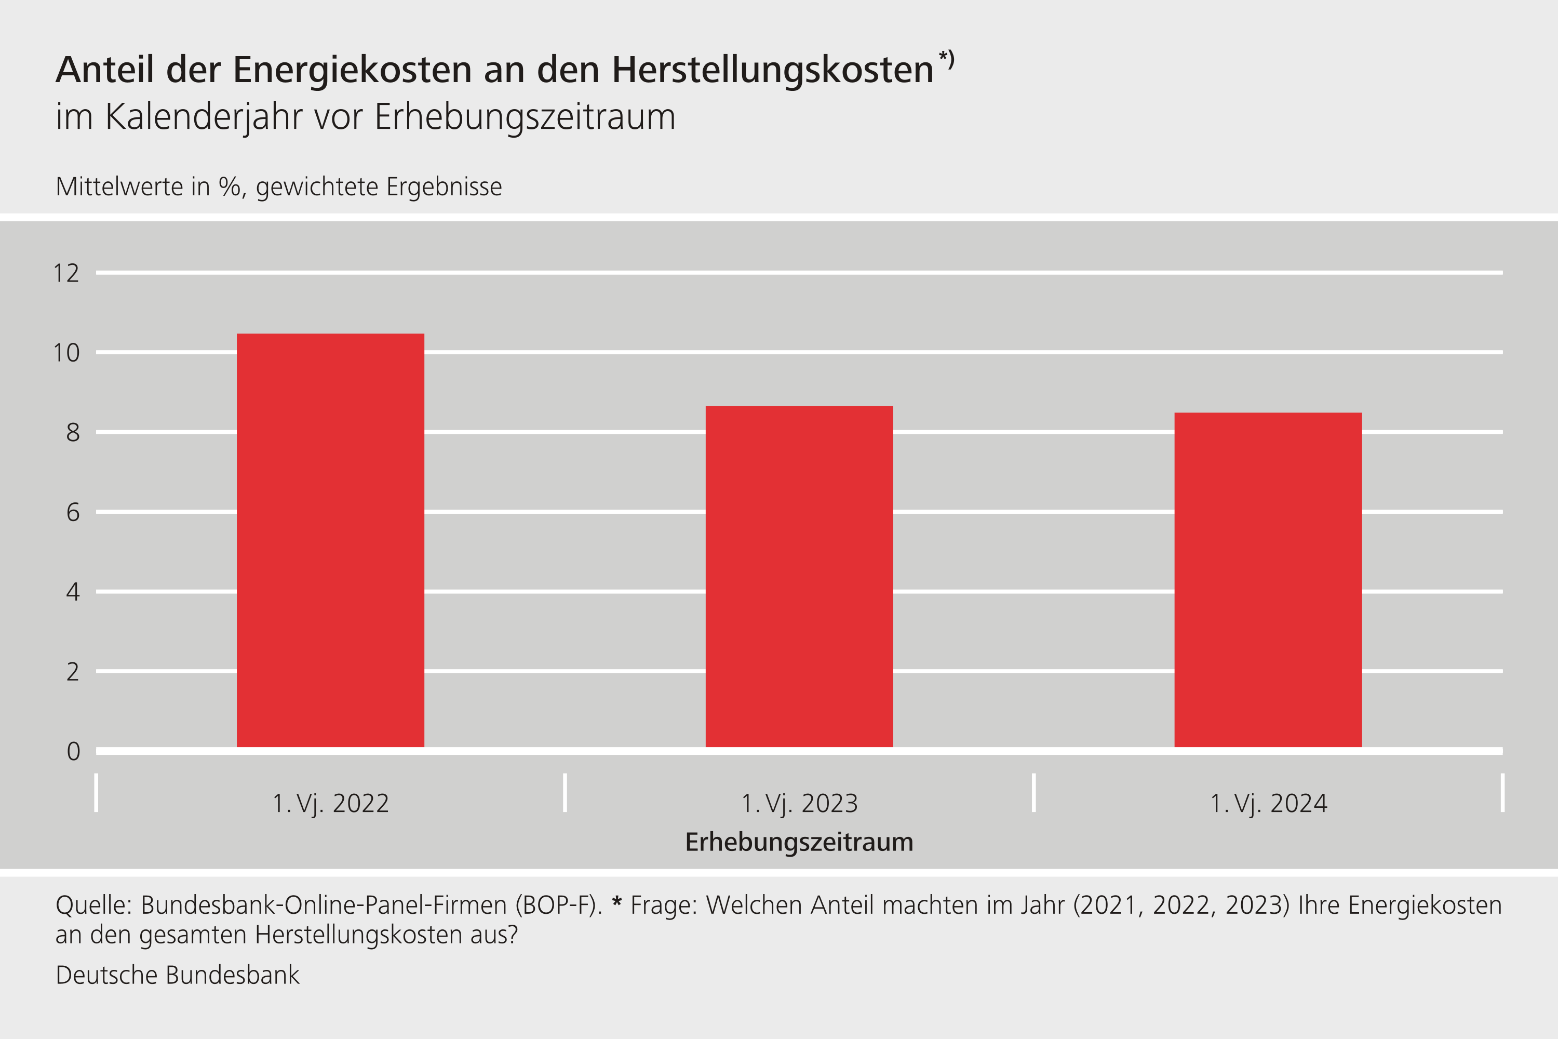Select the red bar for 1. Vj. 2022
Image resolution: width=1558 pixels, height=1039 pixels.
pos(330,540)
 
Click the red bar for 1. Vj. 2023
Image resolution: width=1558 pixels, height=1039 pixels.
pos(799,577)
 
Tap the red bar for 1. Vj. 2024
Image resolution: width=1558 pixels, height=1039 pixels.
pos(1268,580)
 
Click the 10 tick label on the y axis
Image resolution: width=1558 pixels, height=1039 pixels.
pos(66,353)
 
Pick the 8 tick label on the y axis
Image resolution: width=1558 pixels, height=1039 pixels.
pos(72,433)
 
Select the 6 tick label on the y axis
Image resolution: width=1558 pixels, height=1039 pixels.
pos(72,512)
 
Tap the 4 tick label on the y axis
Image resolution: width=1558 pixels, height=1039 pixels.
pos(72,592)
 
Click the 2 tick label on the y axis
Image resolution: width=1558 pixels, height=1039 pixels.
pos(72,672)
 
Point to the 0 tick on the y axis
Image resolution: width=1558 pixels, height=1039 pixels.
pos(73,751)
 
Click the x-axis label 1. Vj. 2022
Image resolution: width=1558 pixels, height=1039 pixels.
pos(330,804)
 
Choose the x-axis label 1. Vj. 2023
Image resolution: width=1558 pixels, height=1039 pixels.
pos(799,804)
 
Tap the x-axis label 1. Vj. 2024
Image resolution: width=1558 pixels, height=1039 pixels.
pos(1268,804)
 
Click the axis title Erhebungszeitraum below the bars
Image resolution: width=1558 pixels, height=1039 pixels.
pos(799,842)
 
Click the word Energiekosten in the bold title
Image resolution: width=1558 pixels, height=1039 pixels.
pos(352,70)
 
